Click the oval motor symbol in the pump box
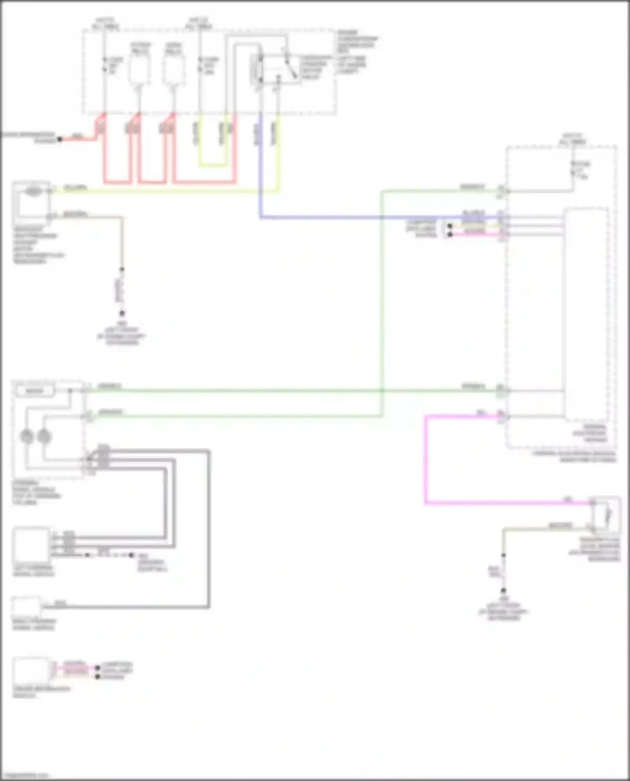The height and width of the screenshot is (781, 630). [34, 191]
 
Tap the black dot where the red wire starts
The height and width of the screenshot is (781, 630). [60, 139]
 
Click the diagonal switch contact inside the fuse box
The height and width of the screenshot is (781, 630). [290, 67]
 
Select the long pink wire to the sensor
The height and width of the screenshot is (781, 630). [426, 462]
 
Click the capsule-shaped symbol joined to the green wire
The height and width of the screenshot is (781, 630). [35, 391]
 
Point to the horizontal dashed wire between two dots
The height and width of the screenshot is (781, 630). [109, 555]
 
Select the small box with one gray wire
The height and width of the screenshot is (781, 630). [26, 607]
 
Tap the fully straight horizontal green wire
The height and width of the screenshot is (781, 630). [294, 391]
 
